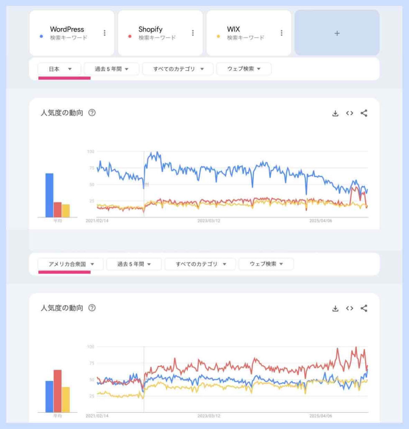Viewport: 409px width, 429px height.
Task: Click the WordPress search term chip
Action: (67, 33)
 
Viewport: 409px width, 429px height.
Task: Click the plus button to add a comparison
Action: (337, 33)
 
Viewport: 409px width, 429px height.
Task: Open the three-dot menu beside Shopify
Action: (193, 33)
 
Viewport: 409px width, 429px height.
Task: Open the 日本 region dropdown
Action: (59, 69)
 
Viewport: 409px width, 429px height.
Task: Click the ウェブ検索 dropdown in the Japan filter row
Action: (244, 69)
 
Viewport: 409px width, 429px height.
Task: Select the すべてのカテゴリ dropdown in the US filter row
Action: (200, 264)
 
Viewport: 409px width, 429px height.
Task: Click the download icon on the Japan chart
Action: (335, 113)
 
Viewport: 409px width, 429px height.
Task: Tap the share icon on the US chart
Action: (364, 308)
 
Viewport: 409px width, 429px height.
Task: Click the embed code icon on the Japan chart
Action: (350, 113)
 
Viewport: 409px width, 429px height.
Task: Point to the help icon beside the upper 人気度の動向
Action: (92, 113)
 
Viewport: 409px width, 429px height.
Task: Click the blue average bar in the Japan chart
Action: (49, 195)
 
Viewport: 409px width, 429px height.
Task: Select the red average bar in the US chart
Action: (57, 391)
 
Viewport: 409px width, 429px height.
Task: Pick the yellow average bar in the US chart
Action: (66, 400)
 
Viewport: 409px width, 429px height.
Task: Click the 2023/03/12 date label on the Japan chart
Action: (209, 220)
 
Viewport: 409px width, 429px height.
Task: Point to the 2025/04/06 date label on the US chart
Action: (321, 416)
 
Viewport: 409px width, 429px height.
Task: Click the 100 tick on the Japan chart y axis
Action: (90, 151)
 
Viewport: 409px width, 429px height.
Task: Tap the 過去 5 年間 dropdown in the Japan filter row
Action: (111, 69)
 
